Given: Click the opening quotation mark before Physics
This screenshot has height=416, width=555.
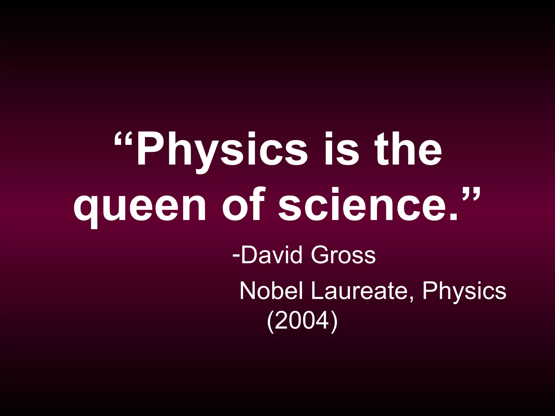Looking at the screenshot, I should [x=123, y=139].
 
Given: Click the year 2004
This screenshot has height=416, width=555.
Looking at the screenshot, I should [x=302, y=320].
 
